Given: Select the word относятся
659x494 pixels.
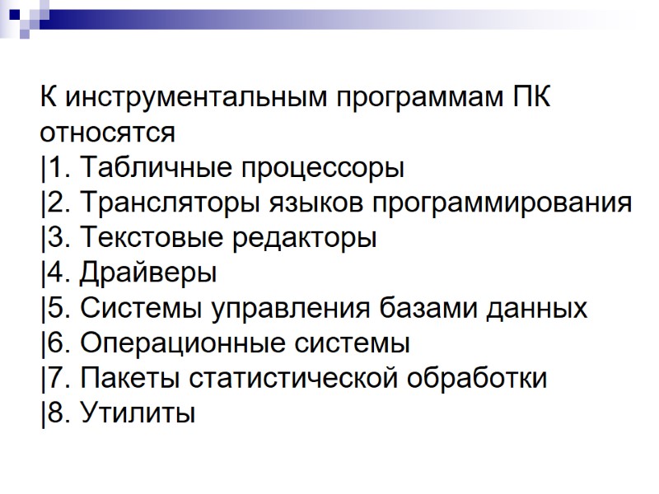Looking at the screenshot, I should coord(107,133).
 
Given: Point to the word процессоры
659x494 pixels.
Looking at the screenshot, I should coord(325,170).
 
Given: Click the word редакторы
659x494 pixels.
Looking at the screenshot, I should coord(306,240).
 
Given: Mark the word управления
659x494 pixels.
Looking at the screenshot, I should coord(292,310).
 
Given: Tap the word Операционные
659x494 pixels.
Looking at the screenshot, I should coord(176,344).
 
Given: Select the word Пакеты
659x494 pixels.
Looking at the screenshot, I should coord(130,379).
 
